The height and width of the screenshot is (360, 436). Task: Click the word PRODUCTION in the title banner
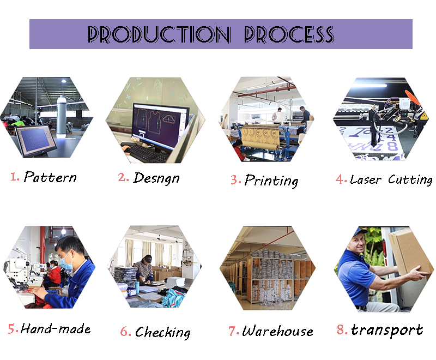(x=159, y=34)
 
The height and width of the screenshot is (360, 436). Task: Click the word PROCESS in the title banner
(x=289, y=34)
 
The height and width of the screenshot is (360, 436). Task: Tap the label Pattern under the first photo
(x=50, y=177)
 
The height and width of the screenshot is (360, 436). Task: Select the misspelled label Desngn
(x=156, y=178)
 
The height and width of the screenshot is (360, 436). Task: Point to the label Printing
(x=271, y=181)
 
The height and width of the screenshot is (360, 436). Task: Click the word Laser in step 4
(x=365, y=179)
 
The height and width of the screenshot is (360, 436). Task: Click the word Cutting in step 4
(x=410, y=180)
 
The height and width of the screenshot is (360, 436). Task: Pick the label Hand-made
(x=56, y=329)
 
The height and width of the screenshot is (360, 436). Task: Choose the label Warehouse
(x=277, y=331)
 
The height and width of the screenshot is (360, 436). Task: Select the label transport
(x=387, y=331)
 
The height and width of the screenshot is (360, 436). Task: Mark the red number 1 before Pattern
(x=13, y=177)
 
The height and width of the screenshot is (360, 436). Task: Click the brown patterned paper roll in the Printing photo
(x=261, y=137)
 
